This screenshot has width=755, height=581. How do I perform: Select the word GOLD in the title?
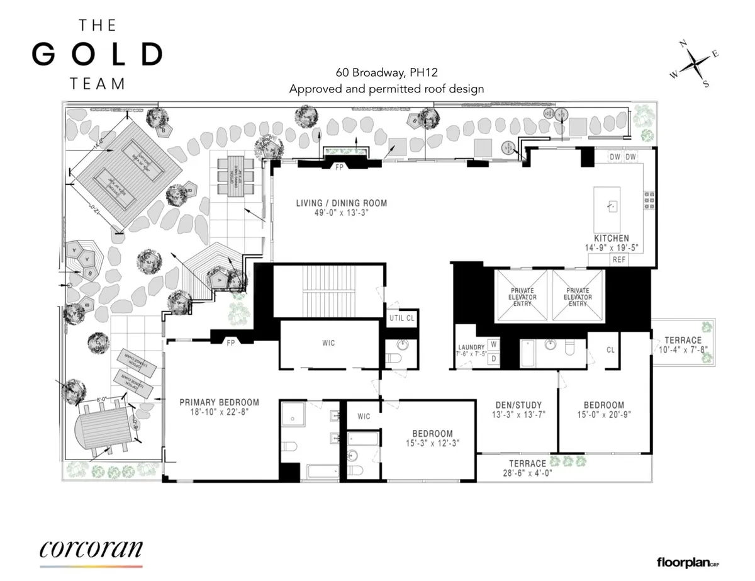97,55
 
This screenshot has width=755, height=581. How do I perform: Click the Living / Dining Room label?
342,208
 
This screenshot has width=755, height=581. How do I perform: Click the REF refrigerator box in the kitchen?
619,259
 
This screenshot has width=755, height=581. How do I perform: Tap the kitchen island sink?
610,205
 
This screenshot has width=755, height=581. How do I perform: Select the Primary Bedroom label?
219,407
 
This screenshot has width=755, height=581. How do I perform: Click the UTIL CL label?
402,319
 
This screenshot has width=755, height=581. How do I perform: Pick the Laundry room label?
471,351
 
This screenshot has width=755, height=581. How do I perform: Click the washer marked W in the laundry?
494,344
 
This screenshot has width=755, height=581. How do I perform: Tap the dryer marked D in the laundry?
494,359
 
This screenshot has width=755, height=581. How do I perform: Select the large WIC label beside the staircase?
328,343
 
